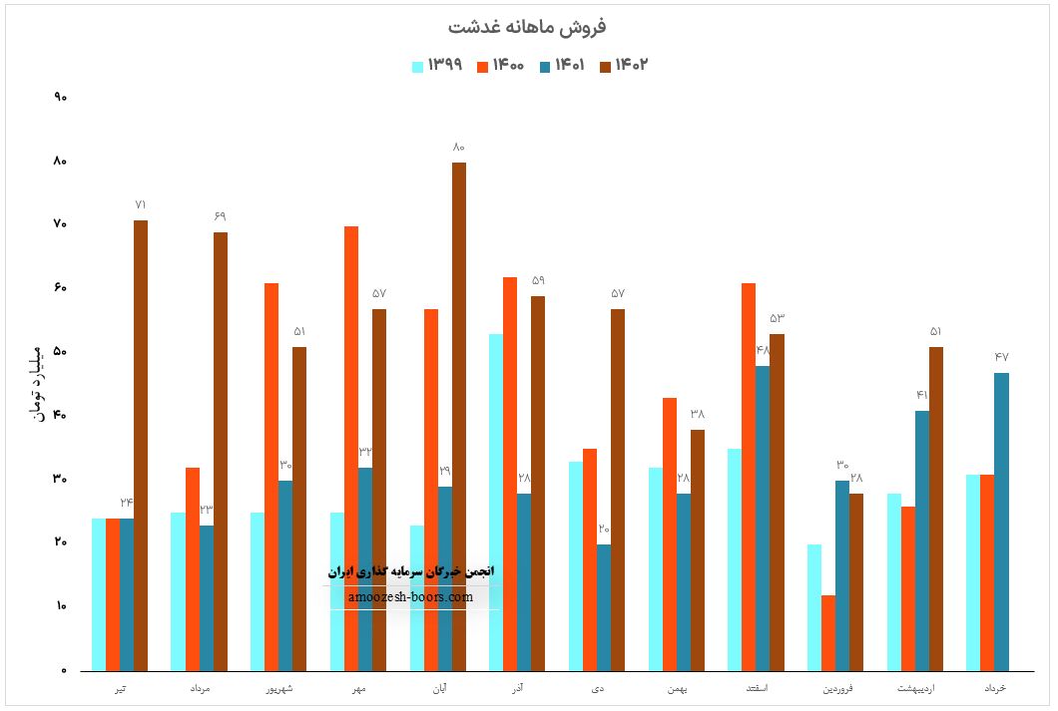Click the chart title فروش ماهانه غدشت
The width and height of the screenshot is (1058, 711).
529,26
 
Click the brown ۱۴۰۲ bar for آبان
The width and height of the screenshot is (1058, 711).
459,417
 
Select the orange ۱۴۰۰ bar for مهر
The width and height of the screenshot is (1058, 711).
351,449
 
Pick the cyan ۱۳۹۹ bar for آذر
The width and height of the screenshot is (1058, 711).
496,503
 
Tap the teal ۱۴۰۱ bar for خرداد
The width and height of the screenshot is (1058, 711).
1001,522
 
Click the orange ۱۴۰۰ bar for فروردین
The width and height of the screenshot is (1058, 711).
828,633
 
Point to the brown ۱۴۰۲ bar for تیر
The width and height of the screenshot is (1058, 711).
141,446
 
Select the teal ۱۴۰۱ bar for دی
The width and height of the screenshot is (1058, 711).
604,607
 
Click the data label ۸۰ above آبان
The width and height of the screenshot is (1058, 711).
459,148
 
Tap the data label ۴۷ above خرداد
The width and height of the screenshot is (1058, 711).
1002,357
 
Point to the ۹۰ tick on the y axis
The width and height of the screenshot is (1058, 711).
60,98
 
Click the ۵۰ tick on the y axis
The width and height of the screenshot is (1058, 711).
60,352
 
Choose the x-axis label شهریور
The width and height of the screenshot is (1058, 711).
278,689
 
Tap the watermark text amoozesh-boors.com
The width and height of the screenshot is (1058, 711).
411,597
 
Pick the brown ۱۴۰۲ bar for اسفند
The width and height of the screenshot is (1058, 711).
777,503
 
